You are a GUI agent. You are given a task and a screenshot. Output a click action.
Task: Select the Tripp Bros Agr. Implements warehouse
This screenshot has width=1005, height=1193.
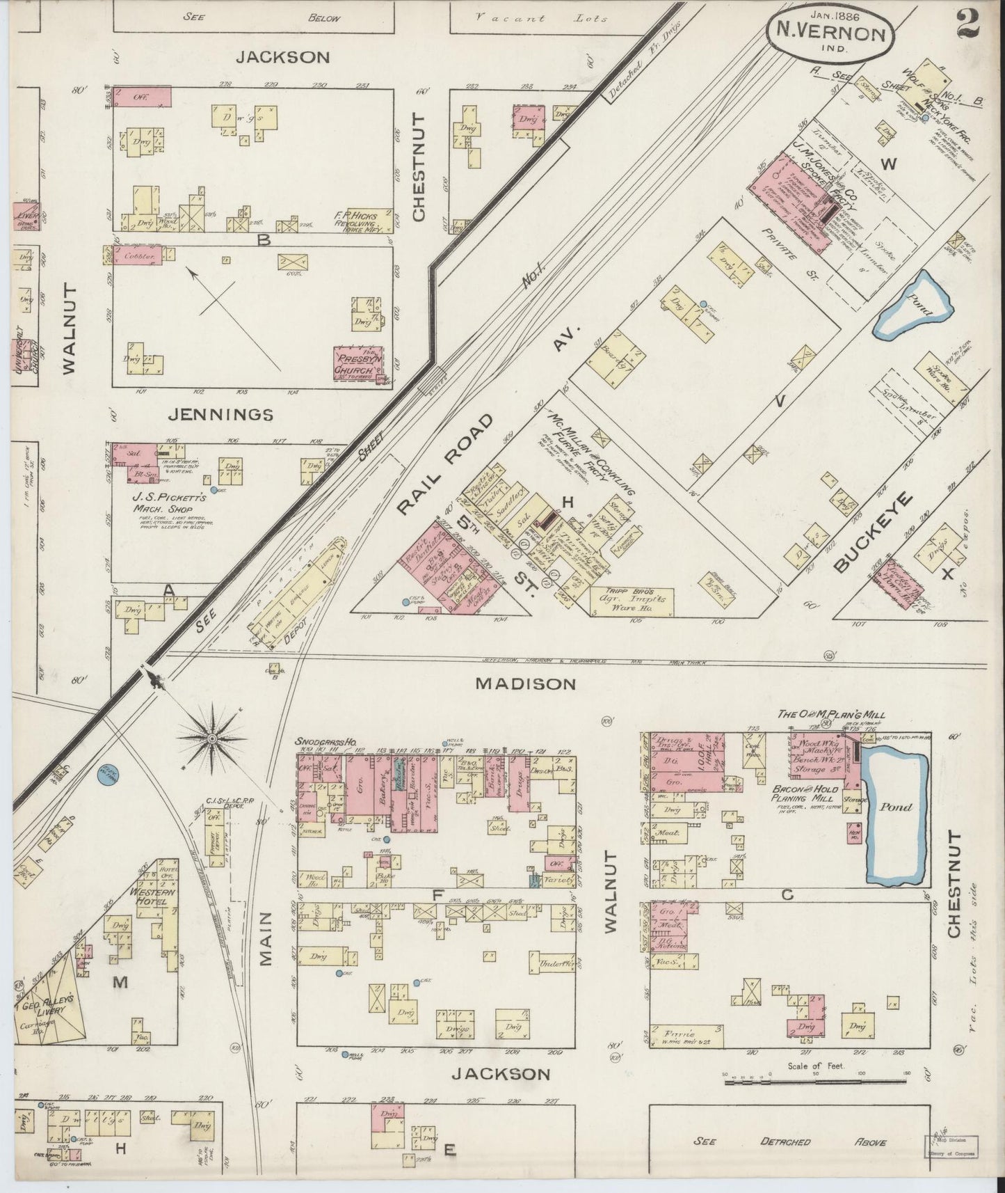click(x=631, y=601)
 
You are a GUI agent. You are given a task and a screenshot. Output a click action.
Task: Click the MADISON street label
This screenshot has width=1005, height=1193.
click(x=525, y=684)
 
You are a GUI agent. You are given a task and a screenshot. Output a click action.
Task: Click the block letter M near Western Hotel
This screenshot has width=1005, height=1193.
click(x=120, y=982)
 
